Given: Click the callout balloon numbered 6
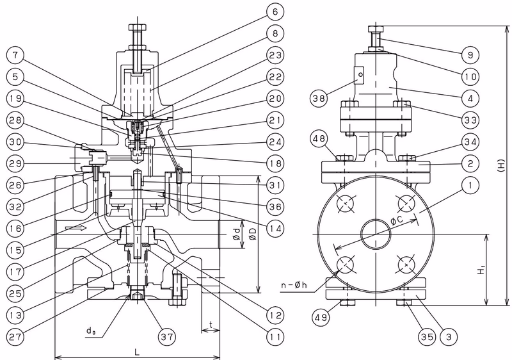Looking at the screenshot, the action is click(x=275, y=12).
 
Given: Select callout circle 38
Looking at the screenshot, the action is click(x=319, y=98).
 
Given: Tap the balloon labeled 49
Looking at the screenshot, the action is click(x=321, y=317).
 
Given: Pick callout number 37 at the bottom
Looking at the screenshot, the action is click(x=167, y=336).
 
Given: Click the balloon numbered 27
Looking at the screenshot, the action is click(x=15, y=336).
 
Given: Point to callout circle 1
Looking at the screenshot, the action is click(x=470, y=185).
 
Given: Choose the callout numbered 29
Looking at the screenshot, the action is click(x=15, y=163).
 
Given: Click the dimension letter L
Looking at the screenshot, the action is click(x=137, y=352).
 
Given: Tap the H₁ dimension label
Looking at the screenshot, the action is click(x=481, y=270).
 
